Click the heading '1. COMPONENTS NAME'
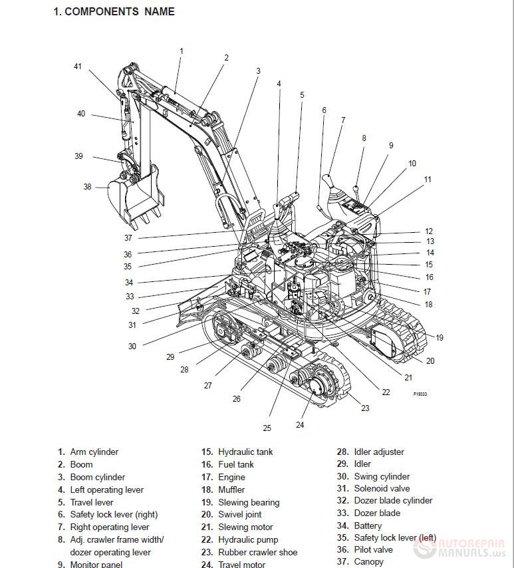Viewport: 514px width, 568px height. [x=114, y=11]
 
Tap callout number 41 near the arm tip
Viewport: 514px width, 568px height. [x=78, y=67]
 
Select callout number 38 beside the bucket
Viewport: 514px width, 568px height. [x=87, y=187]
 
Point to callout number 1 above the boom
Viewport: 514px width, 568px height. [x=181, y=51]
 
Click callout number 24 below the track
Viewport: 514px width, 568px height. [x=300, y=425]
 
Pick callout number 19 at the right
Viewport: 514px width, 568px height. [x=439, y=338]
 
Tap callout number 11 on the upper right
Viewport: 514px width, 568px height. [x=428, y=180]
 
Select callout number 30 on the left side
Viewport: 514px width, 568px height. [x=132, y=346]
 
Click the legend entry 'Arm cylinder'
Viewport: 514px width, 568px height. [x=94, y=452]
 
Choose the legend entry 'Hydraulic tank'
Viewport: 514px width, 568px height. [x=245, y=452]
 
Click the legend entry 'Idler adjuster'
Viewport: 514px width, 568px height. [x=378, y=452]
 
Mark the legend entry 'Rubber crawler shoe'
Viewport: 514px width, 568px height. [x=257, y=552]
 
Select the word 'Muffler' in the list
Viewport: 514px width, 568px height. [x=231, y=490]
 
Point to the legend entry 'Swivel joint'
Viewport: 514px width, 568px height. [x=239, y=515]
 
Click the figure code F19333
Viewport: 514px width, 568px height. [x=420, y=394]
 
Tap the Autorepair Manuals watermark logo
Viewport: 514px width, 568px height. [x=458, y=548]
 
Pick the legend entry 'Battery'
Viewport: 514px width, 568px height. [x=368, y=525]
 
